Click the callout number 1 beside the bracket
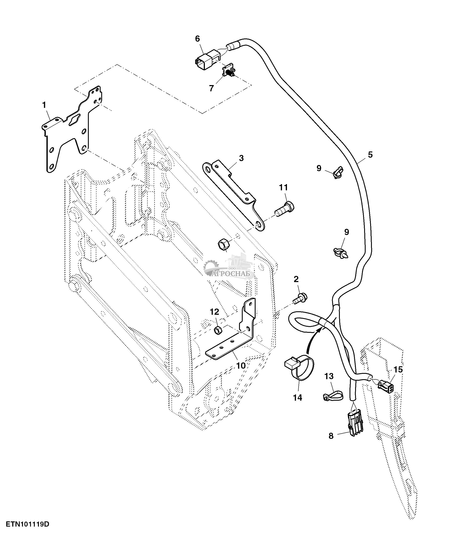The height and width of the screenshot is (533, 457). point(44,105)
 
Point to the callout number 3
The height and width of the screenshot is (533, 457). point(241,158)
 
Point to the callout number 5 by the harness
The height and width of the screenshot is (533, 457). point(370,155)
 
